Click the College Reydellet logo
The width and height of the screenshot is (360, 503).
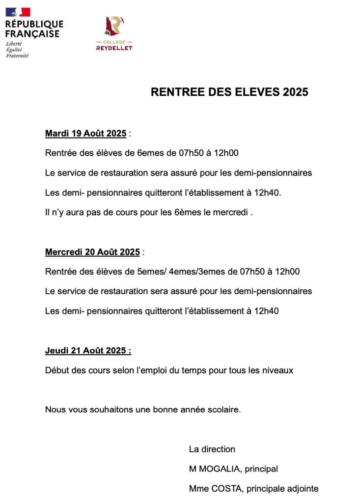113,33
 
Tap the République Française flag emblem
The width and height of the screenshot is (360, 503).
18,12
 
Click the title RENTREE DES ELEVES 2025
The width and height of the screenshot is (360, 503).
229,92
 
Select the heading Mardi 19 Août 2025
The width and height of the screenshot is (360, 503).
85,134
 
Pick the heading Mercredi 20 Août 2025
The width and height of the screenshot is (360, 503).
92,252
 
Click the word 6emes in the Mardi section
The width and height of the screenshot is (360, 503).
148,153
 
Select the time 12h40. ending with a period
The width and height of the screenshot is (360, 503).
268,193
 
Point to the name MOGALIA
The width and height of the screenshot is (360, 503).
219,469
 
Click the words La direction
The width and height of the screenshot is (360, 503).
212,449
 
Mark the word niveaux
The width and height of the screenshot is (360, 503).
278,370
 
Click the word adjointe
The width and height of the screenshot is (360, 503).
302,489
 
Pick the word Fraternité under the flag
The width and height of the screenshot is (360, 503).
17,56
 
